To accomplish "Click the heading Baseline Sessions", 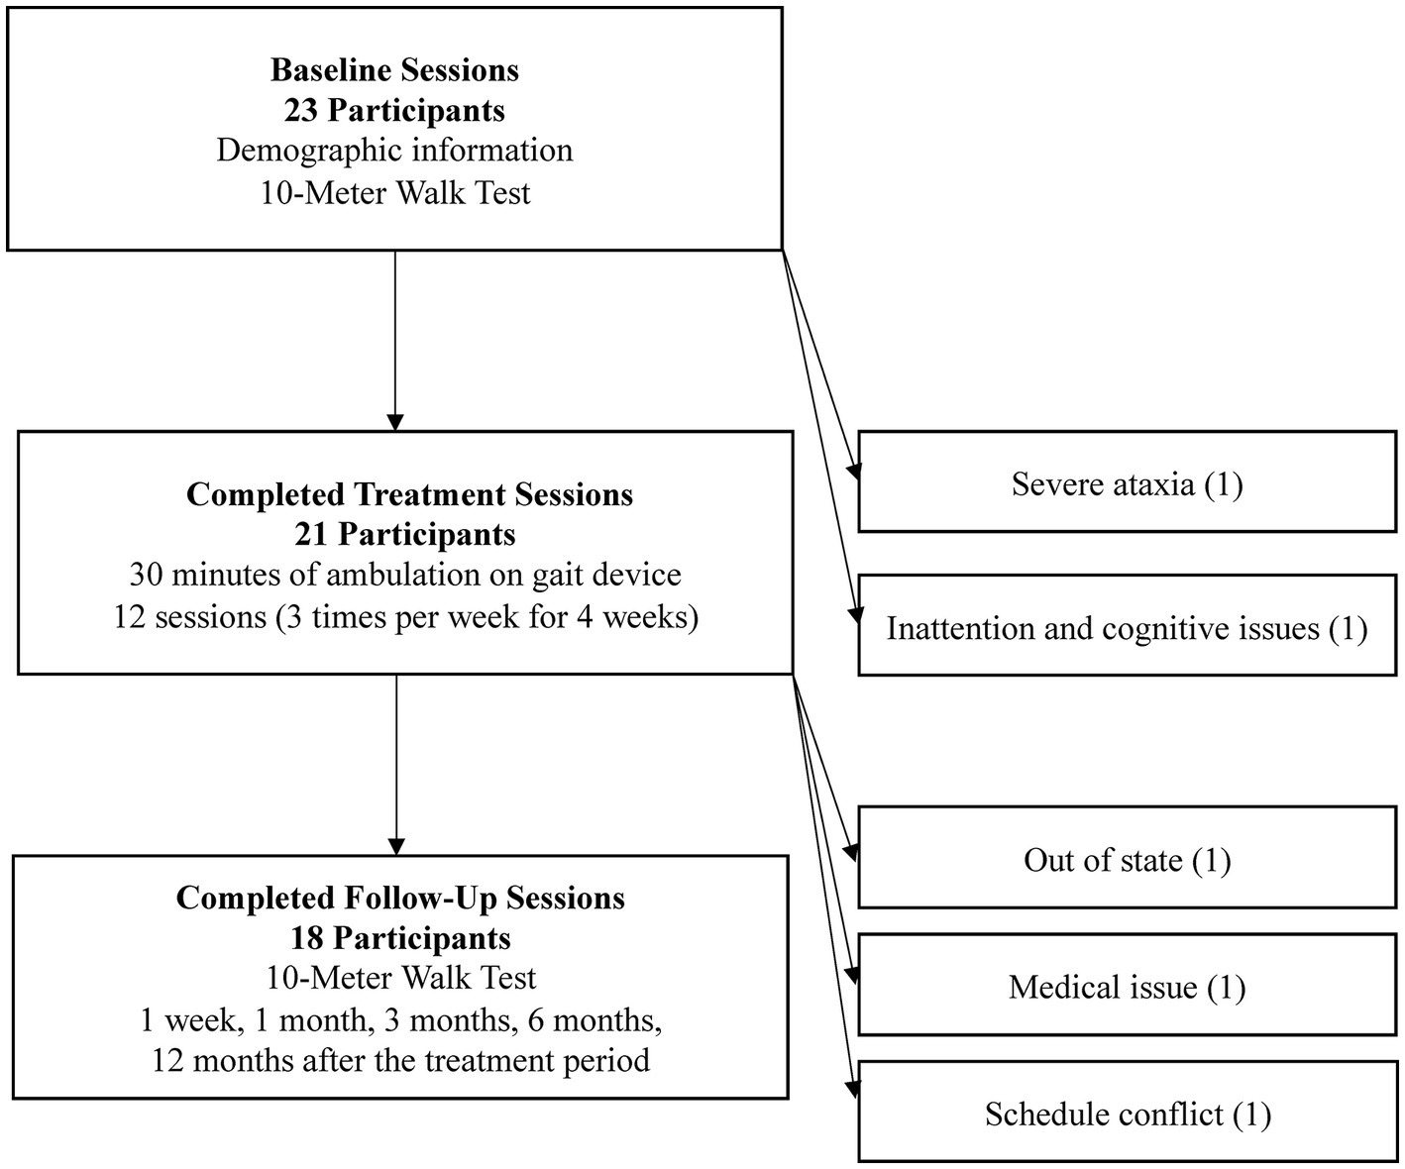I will pyautogui.click(x=394, y=70).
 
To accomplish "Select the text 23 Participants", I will pyautogui.click(x=394, y=110).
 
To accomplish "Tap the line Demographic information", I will pyautogui.click(x=394, y=151).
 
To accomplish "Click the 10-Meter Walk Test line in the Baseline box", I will pyautogui.click(x=394, y=192).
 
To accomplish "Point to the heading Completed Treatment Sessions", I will pyautogui.click(x=409, y=494).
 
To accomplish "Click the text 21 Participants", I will pyautogui.click(x=404, y=534).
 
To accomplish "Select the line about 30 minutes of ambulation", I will pyautogui.click(x=404, y=575).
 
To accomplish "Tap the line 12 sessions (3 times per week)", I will pyautogui.click(x=404, y=616).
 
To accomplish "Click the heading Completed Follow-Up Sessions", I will pyautogui.click(x=400, y=898).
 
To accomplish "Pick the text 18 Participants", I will pyautogui.click(x=400, y=937).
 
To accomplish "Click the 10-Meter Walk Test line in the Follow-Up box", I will pyautogui.click(x=400, y=978).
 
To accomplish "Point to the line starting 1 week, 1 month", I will pyautogui.click(x=400, y=1019).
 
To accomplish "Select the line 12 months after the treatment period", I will pyautogui.click(x=400, y=1060).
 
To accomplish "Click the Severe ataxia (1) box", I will pyautogui.click(x=1127, y=483).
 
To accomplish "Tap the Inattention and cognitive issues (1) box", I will pyautogui.click(x=1127, y=628).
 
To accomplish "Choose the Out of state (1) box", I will pyautogui.click(x=1127, y=859).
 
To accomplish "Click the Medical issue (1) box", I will pyautogui.click(x=1127, y=987).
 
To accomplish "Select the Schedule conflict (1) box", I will pyautogui.click(x=1127, y=1114).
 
